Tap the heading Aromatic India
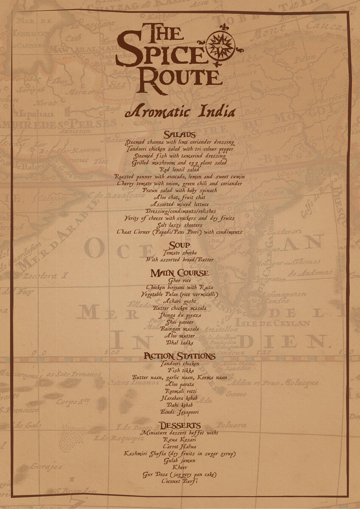(x=180, y=112)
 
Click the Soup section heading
(x=180, y=246)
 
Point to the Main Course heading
(x=180, y=273)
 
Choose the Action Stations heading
(x=180, y=356)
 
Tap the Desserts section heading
(x=180, y=425)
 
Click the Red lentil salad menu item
(x=180, y=170)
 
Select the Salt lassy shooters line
(x=180, y=225)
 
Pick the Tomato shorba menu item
(x=180, y=253)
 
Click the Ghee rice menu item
(x=180, y=280)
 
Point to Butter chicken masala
(x=180, y=308)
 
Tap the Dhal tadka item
(x=180, y=343)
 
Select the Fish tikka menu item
(x=180, y=370)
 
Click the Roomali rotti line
(x=180, y=391)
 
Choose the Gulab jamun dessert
(x=180, y=460)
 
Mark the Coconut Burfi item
(x=180, y=481)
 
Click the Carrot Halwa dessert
(x=180, y=447)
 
